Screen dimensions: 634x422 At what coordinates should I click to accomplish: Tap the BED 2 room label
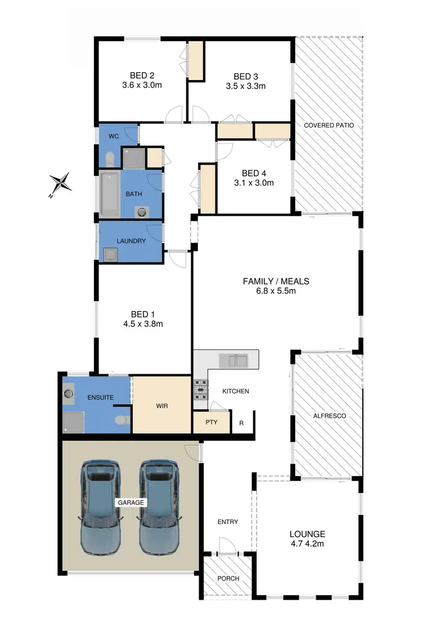click(x=142, y=76)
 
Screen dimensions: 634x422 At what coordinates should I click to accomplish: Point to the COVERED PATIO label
click(x=329, y=125)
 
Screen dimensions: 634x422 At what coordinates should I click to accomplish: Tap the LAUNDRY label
click(x=131, y=241)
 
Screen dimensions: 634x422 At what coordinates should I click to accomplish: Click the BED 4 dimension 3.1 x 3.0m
click(x=254, y=183)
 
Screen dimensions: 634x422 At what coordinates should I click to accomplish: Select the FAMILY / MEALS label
click(x=276, y=281)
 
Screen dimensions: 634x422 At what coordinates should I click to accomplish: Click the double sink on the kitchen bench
click(x=234, y=359)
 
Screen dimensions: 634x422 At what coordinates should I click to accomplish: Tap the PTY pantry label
click(x=212, y=422)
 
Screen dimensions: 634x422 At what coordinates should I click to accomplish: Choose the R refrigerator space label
click(x=241, y=422)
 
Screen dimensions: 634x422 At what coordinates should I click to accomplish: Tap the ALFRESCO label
click(x=329, y=415)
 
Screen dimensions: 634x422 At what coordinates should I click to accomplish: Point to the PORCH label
click(x=227, y=578)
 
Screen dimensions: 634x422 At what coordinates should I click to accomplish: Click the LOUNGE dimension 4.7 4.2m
click(x=307, y=544)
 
